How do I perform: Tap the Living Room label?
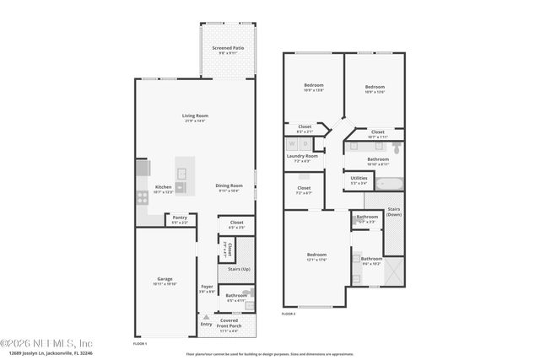pos(195,116)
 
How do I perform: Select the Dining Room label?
pos(229,185)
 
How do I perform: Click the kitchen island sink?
pos(179,187)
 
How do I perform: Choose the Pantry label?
pos(180,218)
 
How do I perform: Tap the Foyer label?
pos(207,287)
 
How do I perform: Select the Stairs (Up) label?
pos(240,269)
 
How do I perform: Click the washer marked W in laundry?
pos(291,144)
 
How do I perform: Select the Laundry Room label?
pos(301,156)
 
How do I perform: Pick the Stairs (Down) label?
pos(394,211)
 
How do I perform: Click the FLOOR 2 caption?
pos(289,314)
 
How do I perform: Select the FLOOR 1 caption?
pos(140,343)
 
